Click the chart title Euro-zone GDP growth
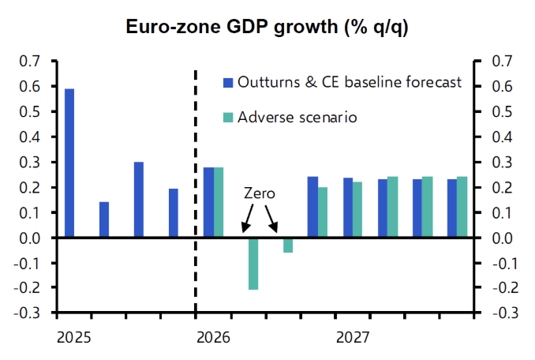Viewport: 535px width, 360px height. (x=267, y=27)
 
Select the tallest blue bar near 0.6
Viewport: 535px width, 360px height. (x=69, y=163)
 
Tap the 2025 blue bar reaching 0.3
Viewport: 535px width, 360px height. (x=139, y=200)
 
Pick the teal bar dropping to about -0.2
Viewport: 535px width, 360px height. (x=253, y=264)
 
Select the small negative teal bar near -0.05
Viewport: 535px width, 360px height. (x=288, y=245)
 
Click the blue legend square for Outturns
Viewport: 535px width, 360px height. (x=228, y=83)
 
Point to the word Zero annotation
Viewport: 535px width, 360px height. (x=259, y=193)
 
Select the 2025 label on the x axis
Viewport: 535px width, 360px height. (x=74, y=338)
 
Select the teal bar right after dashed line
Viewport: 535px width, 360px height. (x=219, y=202)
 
